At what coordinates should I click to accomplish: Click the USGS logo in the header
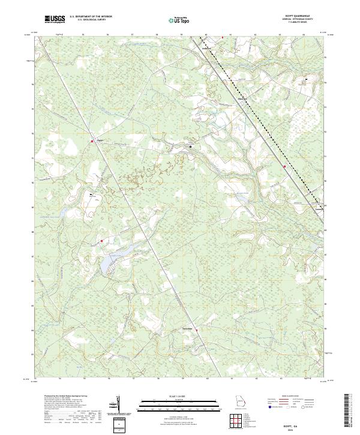[x=55, y=19]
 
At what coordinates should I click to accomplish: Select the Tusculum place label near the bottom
[x=187, y=328]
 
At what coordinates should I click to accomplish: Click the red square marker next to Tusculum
[x=196, y=329]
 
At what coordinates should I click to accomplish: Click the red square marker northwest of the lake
[x=102, y=241]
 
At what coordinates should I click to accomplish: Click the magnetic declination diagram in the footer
[x=118, y=405]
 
